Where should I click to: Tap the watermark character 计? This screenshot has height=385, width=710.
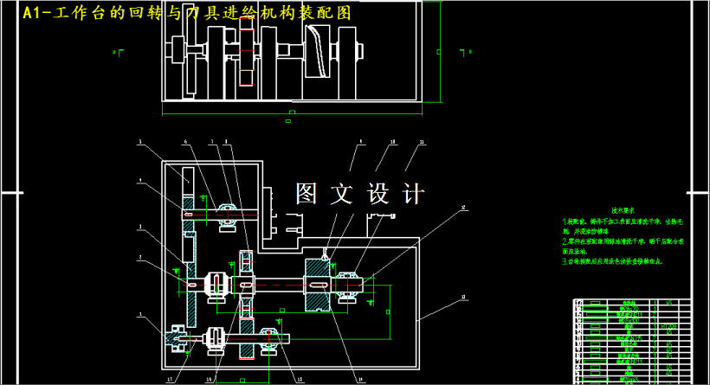click(412, 194)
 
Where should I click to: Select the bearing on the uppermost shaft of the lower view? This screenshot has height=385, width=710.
click(228, 215)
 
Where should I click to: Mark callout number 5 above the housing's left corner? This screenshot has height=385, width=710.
click(140, 142)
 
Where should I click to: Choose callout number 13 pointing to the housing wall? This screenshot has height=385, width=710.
click(464, 297)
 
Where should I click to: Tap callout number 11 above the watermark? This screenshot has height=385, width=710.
click(422, 141)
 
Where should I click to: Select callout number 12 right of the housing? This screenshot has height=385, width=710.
click(464, 208)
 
